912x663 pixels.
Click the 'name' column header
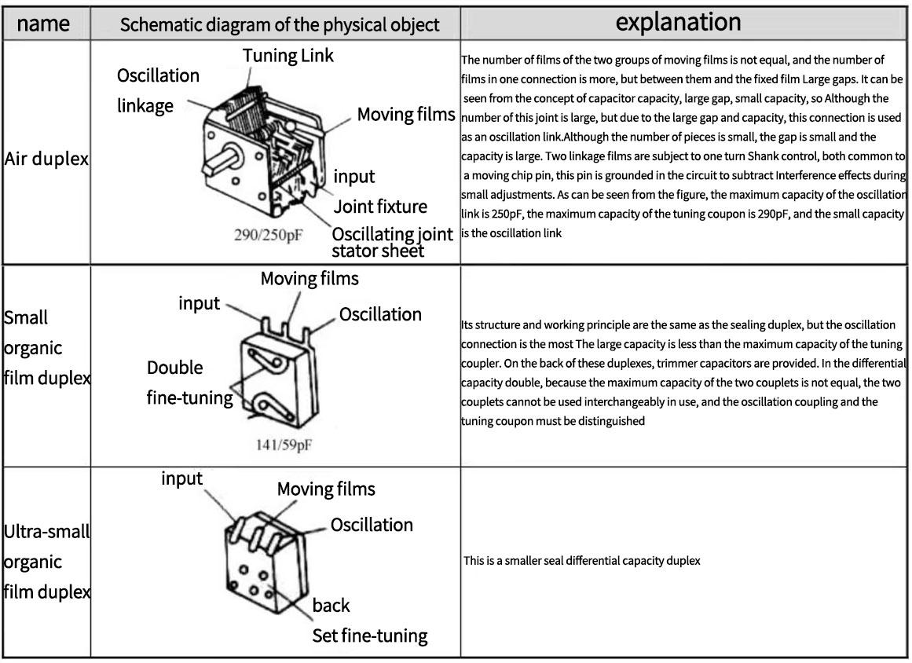click(x=43, y=24)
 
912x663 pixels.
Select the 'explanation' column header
click(x=678, y=22)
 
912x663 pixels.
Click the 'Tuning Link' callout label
click(x=288, y=55)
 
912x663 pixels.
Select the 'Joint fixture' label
click(x=380, y=207)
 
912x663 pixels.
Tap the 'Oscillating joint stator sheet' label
click(x=391, y=243)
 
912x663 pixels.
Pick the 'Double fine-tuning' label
click(x=189, y=383)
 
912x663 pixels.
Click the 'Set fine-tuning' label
click(x=369, y=636)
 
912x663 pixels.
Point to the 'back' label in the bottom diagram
click(x=331, y=606)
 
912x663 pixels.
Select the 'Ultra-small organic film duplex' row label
click(x=46, y=562)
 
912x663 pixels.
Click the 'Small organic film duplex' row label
click(x=46, y=348)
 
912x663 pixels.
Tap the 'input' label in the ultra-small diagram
click(x=181, y=478)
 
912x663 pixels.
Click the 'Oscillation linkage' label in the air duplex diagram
click(x=158, y=91)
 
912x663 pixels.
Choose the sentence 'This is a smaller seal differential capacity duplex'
click(x=581, y=561)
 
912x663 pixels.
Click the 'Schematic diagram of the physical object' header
click(x=279, y=24)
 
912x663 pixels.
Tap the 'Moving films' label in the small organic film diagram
click(x=309, y=278)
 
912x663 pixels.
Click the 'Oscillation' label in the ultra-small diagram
click(x=371, y=525)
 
